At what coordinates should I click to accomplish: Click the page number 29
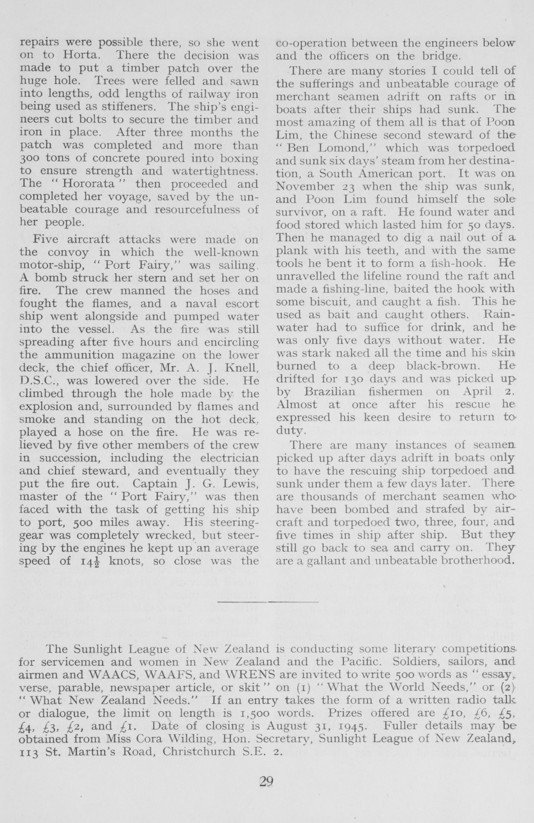[266, 782]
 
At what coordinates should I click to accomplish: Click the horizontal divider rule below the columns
[267, 601]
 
